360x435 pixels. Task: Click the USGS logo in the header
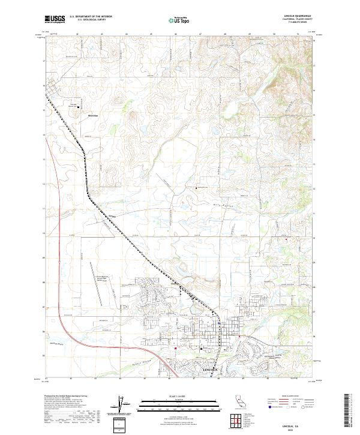(55, 20)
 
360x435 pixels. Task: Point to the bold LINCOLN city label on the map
(212, 370)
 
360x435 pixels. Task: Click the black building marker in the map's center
(196, 188)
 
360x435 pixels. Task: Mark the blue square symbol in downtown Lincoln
(220, 322)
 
